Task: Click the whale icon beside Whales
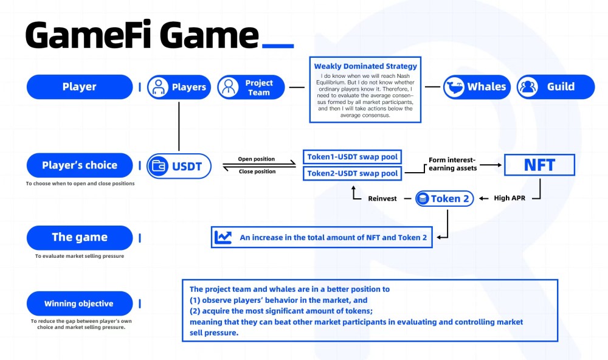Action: [x=454, y=86]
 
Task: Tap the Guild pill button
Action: [x=556, y=87]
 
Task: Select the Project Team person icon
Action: [x=228, y=87]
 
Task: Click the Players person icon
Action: [x=158, y=87]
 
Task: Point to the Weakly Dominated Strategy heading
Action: [x=365, y=66]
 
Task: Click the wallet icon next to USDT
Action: [x=158, y=166]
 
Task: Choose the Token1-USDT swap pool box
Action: [x=352, y=157]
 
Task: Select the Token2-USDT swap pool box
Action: [x=352, y=173]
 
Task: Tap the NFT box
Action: [x=539, y=165]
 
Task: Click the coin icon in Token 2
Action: [x=423, y=199]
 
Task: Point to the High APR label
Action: [x=510, y=198]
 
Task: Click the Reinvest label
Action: [x=382, y=199]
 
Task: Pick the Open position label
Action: [x=257, y=159]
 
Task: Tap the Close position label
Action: [x=257, y=171]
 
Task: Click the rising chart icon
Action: [x=223, y=237]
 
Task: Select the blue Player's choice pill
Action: [x=80, y=165]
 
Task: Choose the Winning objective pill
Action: [x=80, y=303]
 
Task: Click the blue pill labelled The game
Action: [x=80, y=237]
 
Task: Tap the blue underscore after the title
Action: [x=278, y=46]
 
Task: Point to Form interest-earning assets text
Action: [x=452, y=164]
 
